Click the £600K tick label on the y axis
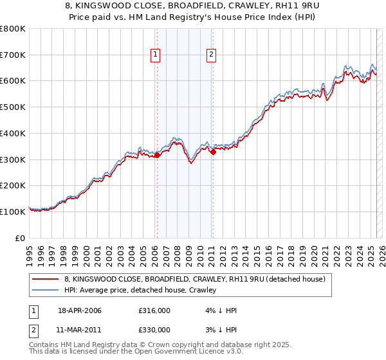(x=13, y=81)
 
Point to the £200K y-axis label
(x=13, y=185)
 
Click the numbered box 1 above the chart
(x=156, y=55)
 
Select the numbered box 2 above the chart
(x=211, y=55)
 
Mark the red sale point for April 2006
(x=157, y=155)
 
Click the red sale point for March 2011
(x=213, y=152)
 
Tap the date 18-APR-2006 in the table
(x=79, y=310)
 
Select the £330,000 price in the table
(x=154, y=329)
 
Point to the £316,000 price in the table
(x=154, y=310)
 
